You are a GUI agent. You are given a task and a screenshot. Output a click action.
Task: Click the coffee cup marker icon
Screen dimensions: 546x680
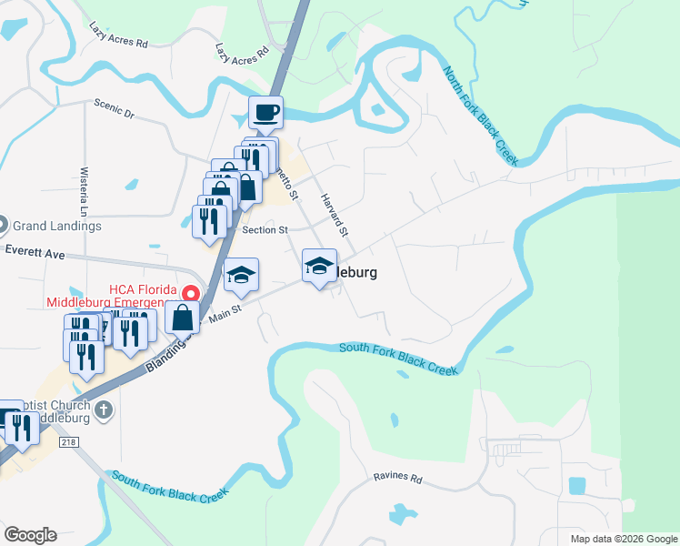(x=265, y=114)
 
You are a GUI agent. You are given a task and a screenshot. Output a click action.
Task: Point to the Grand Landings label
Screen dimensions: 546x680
(x=57, y=226)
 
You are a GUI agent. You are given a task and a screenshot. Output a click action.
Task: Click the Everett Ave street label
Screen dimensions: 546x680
(x=35, y=252)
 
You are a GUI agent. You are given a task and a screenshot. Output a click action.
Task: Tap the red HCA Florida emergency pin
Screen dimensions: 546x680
(x=190, y=293)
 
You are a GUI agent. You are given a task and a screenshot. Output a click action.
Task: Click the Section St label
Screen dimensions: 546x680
(x=265, y=230)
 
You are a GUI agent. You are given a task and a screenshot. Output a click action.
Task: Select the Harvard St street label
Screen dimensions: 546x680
(x=333, y=215)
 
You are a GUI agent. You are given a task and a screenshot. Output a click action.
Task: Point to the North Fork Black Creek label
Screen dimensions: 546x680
(x=480, y=116)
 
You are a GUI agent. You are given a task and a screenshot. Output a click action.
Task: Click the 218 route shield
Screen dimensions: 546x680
(x=69, y=442)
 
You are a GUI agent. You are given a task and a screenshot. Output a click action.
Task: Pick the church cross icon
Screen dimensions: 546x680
(x=103, y=409)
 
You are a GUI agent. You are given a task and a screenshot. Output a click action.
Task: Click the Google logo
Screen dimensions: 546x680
(x=29, y=535)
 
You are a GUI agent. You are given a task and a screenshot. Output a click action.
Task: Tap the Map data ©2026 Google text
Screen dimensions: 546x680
(x=623, y=539)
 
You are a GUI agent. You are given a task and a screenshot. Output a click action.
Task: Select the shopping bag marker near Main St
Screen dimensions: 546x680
(x=183, y=318)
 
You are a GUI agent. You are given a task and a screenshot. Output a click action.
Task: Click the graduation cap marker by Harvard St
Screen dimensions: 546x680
(x=319, y=266)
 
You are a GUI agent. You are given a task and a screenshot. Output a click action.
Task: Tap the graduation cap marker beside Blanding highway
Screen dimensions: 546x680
(x=241, y=276)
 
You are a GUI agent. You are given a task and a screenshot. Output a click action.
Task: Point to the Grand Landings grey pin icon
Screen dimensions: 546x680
(x=3, y=224)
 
